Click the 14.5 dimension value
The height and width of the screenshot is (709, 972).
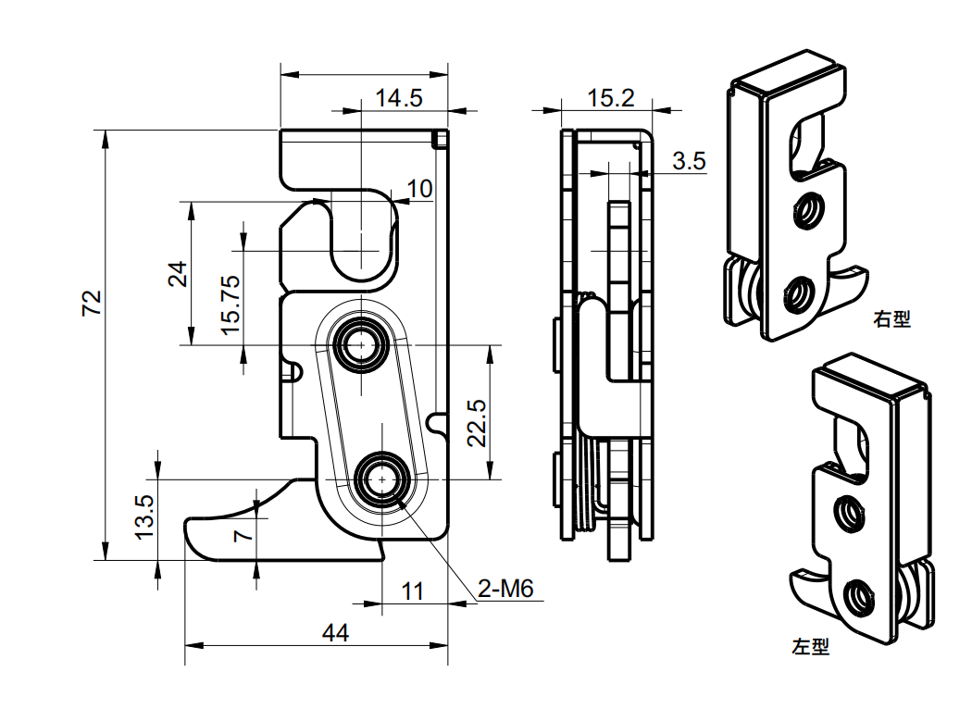[398, 97]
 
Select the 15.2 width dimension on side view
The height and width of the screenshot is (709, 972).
[611, 97]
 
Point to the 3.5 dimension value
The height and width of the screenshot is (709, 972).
[689, 161]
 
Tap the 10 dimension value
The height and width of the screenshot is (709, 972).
[419, 189]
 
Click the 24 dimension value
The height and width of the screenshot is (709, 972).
[178, 274]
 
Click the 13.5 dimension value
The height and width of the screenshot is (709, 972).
[144, 516]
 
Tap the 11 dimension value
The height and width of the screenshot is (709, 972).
[413, 591]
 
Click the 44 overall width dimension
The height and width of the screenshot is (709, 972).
[335, 633]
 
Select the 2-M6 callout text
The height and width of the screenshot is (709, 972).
[505, 590]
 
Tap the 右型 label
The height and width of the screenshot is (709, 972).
[891, 319]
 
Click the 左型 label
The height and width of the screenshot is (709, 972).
[811, 647]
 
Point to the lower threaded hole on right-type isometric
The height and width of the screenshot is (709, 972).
[797, 297]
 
